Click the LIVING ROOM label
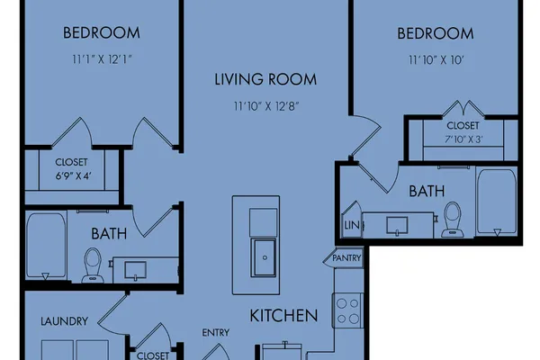tap(265, 79)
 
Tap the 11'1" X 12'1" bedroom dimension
tap(102, 59)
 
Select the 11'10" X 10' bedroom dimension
tap(436, 60)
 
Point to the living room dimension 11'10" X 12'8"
tap(266, 106)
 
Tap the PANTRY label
tap(346, 258)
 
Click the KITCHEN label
tap(283, 316)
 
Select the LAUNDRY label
tap(65, 321)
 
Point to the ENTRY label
tap(216, 333)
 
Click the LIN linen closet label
tap(352, 225)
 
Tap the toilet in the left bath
tap(93, 265)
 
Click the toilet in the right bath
tap(452, 220)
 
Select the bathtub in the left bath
tap(46, 246)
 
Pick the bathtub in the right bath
tap(497, 202)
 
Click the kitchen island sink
tap(264, 257)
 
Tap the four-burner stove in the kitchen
tap(347, 310)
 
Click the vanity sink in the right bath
tap(397, 226)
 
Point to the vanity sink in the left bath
tap(135, 270)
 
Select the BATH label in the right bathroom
tap(427, 191)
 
